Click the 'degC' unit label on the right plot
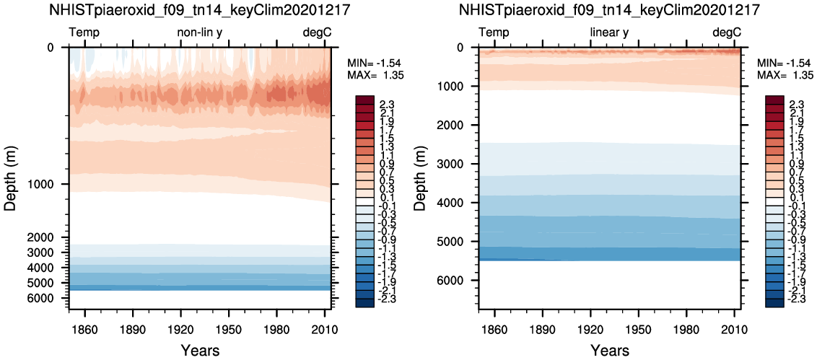click(727, 33)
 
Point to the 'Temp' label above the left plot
click(84, 33)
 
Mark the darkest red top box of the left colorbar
click(364, 100)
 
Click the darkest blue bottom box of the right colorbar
click(774, 303)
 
